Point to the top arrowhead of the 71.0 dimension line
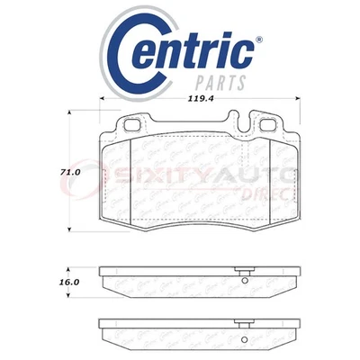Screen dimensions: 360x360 click(x=70, y=112)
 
